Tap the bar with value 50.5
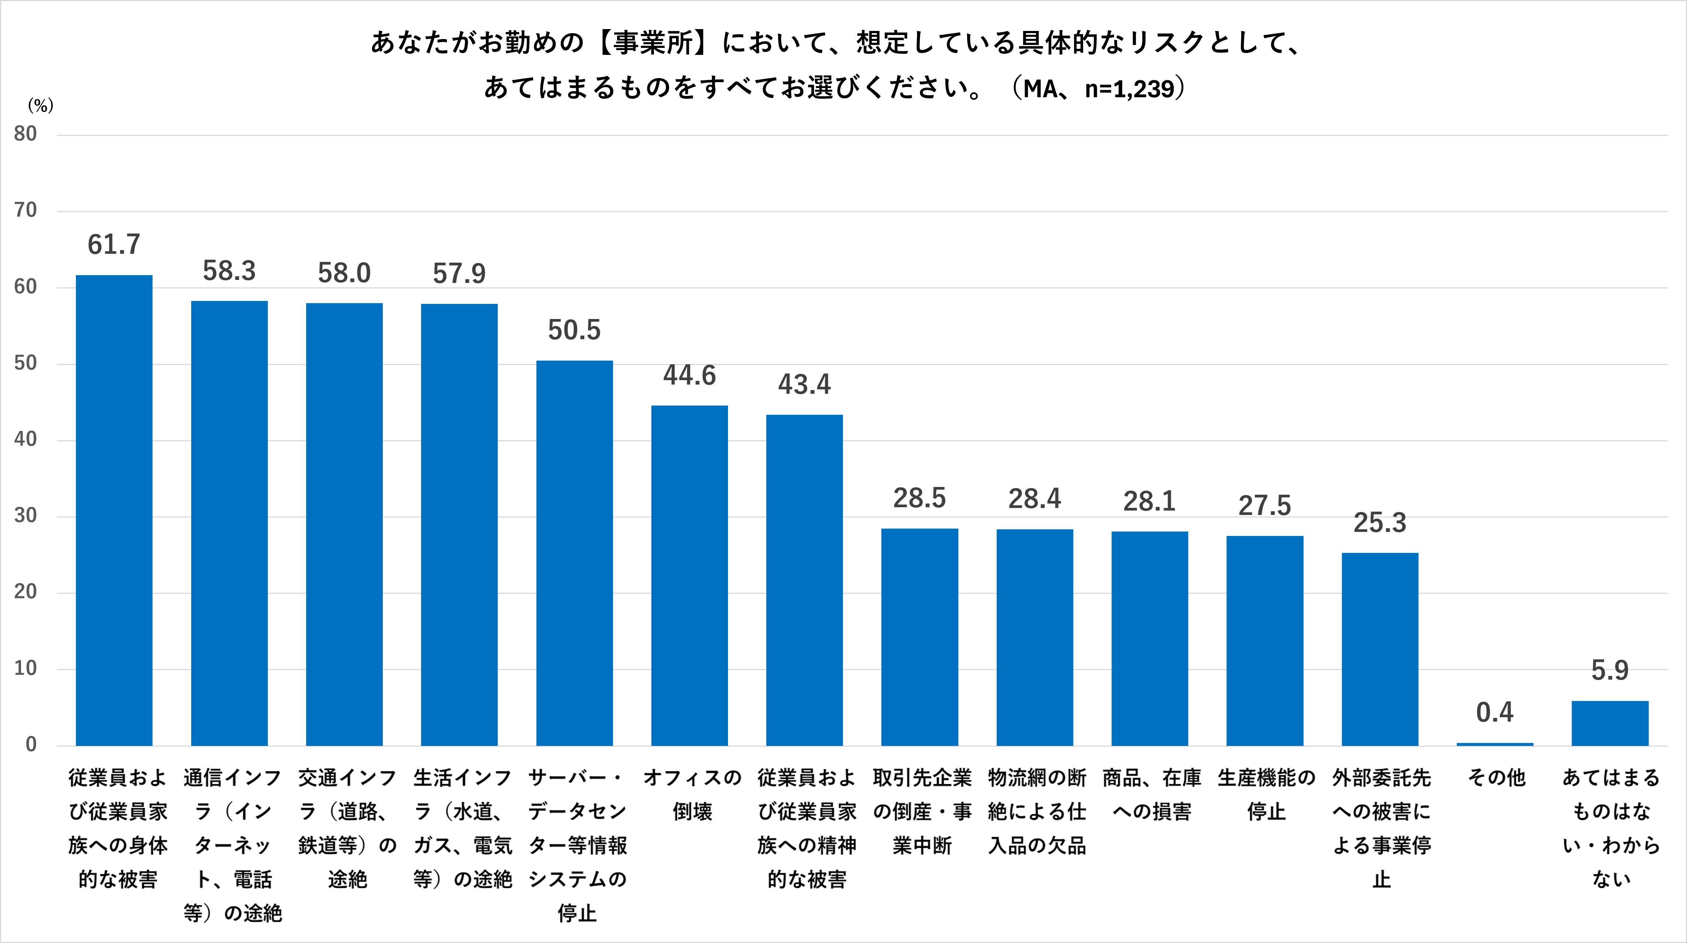[574, 553]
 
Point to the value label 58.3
[229, 270]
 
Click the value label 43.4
[804, 385]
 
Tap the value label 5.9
[1610, 670]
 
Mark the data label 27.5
[1264, 505]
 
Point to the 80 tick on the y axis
[25, 134]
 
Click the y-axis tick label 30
[25, 516]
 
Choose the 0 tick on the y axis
[31, 744]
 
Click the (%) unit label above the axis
[40, 105]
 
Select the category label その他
[1497, 778]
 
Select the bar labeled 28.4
[1035, 637]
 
